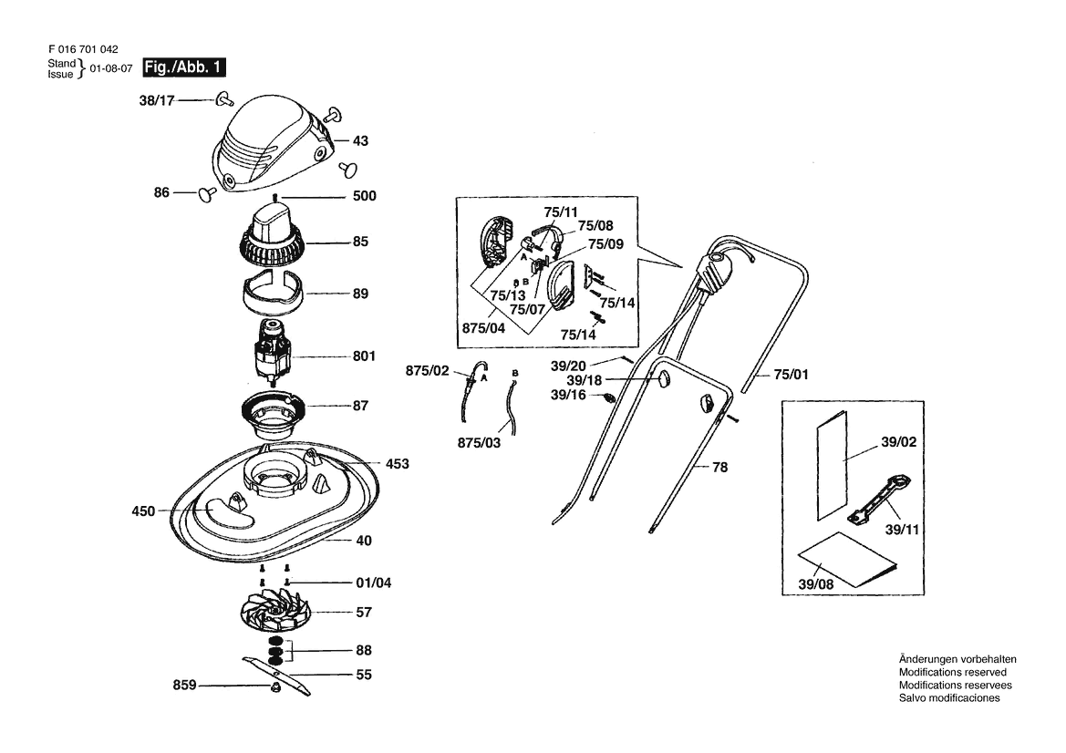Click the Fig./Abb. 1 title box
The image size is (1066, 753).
point(183,67)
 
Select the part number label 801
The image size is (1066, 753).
point(365,356)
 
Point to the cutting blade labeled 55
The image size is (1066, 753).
point(276,676)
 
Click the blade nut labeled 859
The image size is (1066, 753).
point(276,687)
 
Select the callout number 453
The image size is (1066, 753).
point(397,463)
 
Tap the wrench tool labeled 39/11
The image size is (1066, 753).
point(880,500)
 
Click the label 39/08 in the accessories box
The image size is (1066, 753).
point(816,583)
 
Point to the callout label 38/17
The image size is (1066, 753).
point(157,100)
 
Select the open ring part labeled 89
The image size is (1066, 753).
point(272,293)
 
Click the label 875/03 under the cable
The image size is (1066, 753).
point(479,443)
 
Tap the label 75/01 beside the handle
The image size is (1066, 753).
point(792,375)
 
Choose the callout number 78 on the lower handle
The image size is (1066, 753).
point(720,467)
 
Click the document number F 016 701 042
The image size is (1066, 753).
point(83,49)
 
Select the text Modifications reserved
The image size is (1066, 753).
point(953,672)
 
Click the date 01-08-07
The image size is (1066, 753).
point(111,68)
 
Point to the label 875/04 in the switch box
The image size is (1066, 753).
point(483,328)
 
